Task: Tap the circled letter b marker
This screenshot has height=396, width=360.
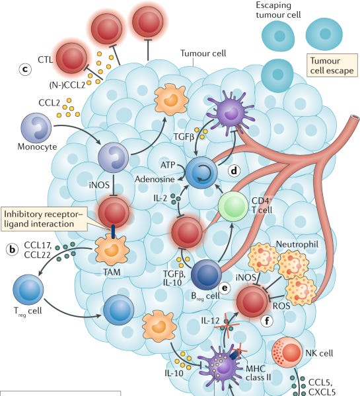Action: tap(12, 249)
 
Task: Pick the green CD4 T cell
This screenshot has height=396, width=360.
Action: tap(236, 210)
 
